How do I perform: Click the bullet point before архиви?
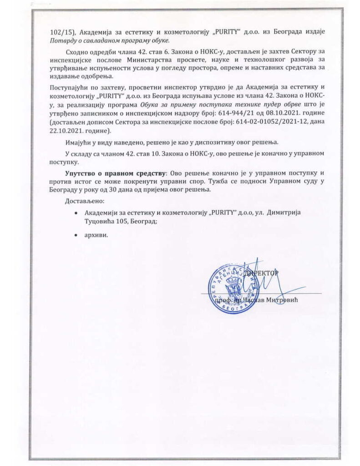pos(75,235)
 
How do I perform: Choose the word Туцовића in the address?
pos(98,221)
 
